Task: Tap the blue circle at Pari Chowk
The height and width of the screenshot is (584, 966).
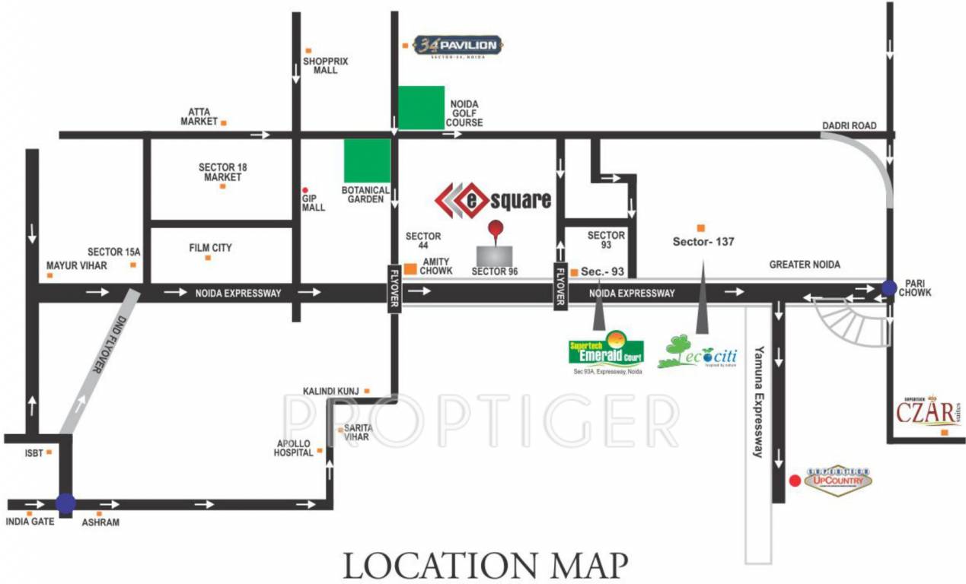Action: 888,288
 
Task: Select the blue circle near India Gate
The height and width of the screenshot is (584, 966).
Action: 65,503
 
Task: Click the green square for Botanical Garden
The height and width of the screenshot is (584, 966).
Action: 367,161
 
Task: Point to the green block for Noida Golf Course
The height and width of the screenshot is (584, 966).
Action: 422,107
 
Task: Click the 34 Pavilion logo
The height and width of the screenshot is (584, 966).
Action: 457,46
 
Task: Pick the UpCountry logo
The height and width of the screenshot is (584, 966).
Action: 837,481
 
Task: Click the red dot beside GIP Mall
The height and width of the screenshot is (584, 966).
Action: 305,190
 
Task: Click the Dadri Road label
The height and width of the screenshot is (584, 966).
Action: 849,125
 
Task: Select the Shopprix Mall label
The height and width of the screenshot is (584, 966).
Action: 325,65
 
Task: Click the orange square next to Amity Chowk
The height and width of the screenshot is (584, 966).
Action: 410,268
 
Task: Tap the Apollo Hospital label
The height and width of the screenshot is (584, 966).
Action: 294,448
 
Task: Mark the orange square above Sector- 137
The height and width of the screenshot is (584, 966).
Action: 700,227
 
